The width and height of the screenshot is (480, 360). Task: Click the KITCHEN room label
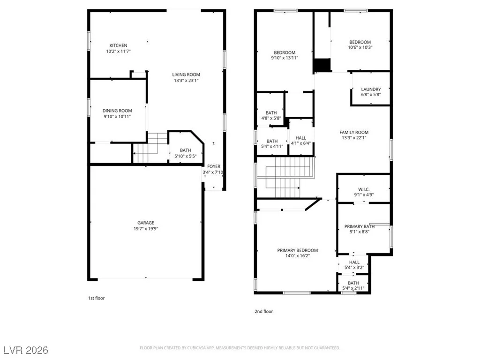point(118,45)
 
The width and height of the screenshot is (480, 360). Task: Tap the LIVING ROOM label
point(186,75)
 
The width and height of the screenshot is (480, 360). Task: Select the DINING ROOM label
point(117,111)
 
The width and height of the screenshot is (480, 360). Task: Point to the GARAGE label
point(146,223)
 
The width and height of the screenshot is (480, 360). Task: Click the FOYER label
point(214,166)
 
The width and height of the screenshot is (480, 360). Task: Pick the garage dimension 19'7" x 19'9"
point(146,228)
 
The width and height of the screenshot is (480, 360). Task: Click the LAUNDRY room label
point(371,89)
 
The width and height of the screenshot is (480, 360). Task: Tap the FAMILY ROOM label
point(354,132)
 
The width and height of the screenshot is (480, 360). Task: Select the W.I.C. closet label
point(364,189)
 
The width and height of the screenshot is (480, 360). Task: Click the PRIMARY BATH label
point(360,226)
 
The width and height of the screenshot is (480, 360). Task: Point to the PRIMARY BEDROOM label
point(298,250)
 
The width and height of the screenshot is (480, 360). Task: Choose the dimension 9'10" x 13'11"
point(285,58)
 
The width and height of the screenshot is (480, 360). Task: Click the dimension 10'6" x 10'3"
point(360,47)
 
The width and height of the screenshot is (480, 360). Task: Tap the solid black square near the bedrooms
point(322,65)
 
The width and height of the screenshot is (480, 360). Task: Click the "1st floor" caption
point(97,298)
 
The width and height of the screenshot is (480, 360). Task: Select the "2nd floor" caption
point(263,311)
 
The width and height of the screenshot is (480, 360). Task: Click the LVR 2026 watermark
point(26,350)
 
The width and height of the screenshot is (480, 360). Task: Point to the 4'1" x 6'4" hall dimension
point(301,143)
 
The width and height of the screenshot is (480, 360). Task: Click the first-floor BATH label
point(186,150)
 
